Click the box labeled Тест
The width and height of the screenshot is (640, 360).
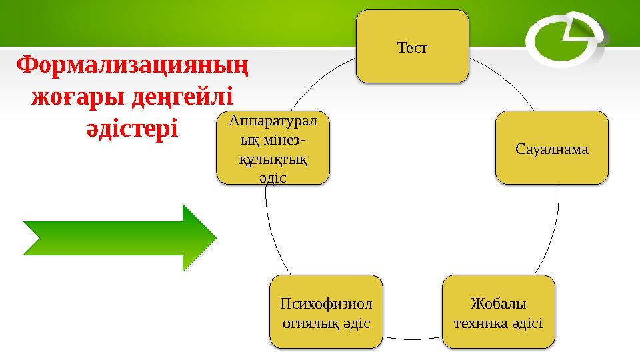click(x=412, y=47)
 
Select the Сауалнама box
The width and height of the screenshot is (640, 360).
click(x=551, y=148)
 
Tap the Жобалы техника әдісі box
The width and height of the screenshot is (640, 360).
click(x=498, y=312)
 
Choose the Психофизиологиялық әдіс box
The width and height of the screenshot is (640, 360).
click(x=326, y=312)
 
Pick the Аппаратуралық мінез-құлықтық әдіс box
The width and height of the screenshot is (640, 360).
click(x=273, y=148)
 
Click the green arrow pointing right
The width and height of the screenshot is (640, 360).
click(x=120, y=238)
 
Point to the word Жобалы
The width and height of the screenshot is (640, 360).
click(x=498, y=303)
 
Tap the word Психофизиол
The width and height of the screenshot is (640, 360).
click(x=326, y=303)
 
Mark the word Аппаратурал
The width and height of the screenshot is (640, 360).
click(x=273, y=120)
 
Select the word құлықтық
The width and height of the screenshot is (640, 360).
click(x=273, y=161)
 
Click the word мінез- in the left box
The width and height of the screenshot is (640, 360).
click(x=273, y=141)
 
